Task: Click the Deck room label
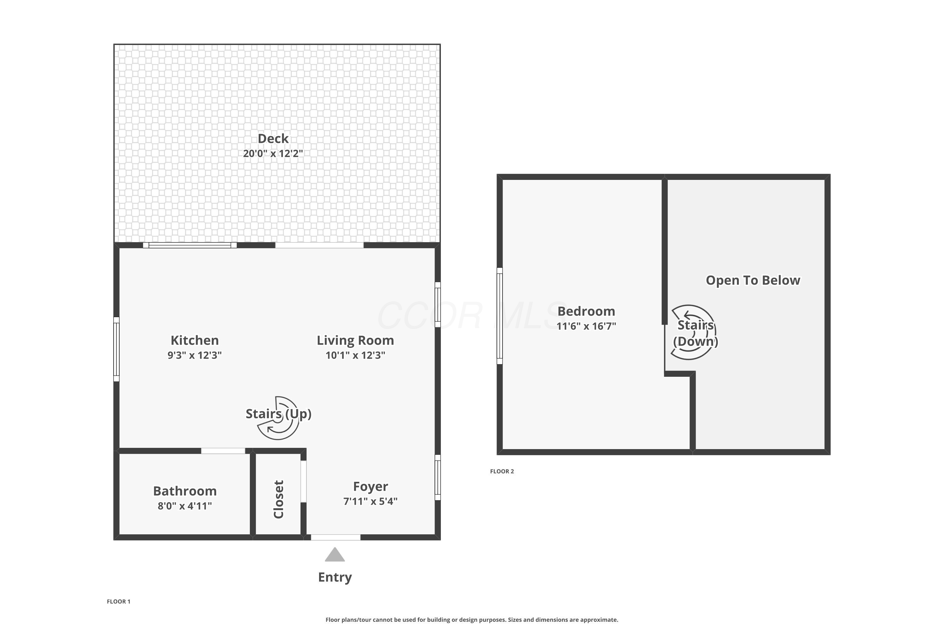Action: (273, 138)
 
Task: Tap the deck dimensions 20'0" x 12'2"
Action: (273, 154)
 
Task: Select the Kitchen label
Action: (195, 340)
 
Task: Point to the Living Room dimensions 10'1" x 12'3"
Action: (355, 355)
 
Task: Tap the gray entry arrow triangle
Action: (335, 554)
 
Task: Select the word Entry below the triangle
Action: (335, 577)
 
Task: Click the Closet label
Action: (278, 499)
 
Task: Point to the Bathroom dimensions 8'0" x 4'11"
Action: (185, 506)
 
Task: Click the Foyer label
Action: (370, 486)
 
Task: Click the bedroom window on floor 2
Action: (500, 316)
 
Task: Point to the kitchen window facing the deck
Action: (190, 245)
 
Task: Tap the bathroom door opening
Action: (223, 451)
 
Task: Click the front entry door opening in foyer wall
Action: (335, 537)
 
